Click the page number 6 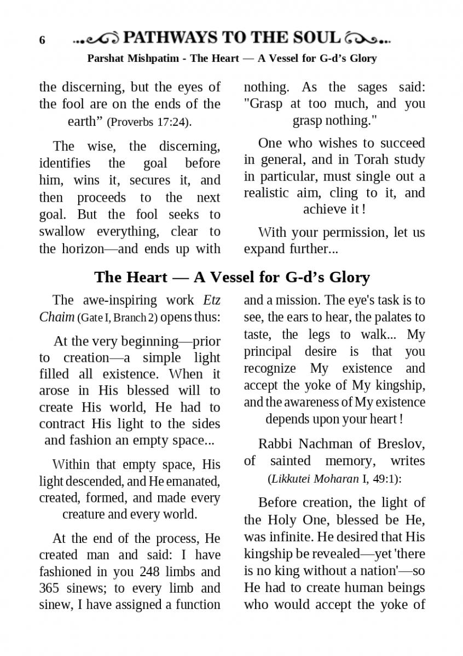(42, 41)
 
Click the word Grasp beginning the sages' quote (268, 104)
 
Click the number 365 (50, 588)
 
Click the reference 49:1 (386, 479)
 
